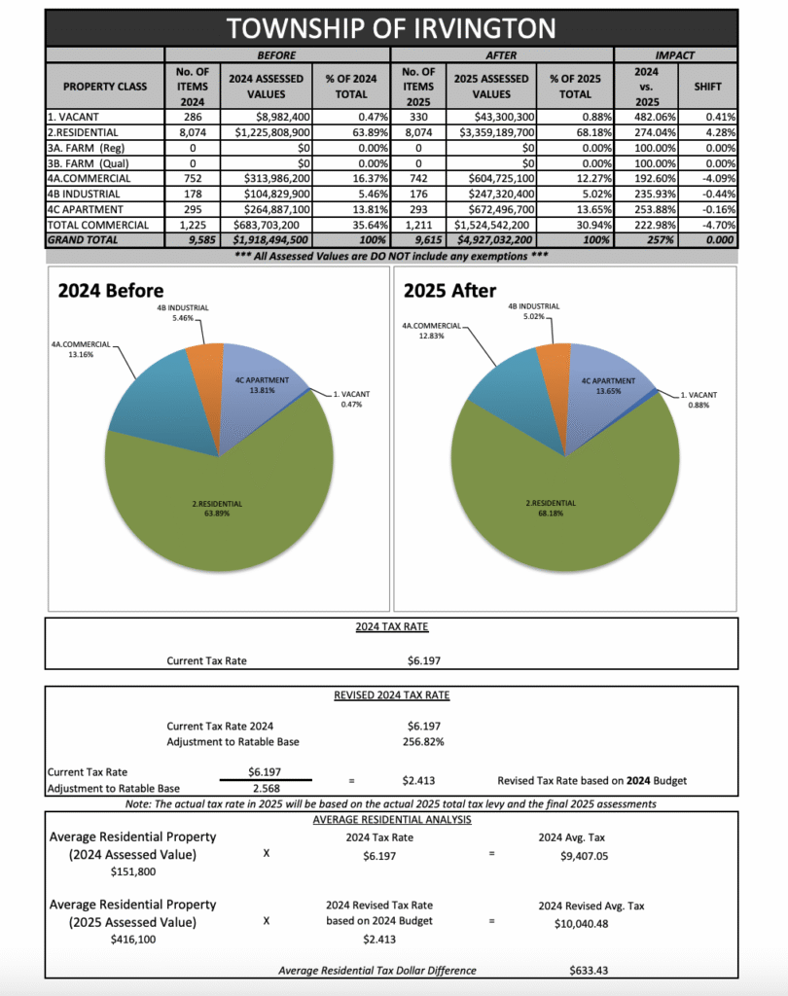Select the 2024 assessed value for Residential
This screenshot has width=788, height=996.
pyautogui.click(x=272, y=130)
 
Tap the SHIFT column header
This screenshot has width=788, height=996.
pyautogui.click(x=707, y=86)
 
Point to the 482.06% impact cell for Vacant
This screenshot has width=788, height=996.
pyautogui.click(x=648, y=116)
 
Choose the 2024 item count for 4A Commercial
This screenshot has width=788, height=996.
pyautogui.click(x=192, y=177)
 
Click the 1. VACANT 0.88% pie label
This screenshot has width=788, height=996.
pyautogui.click(x=698, y=400)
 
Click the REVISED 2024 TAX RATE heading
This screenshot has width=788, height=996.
pyautogui.click(x=392, y=695)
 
